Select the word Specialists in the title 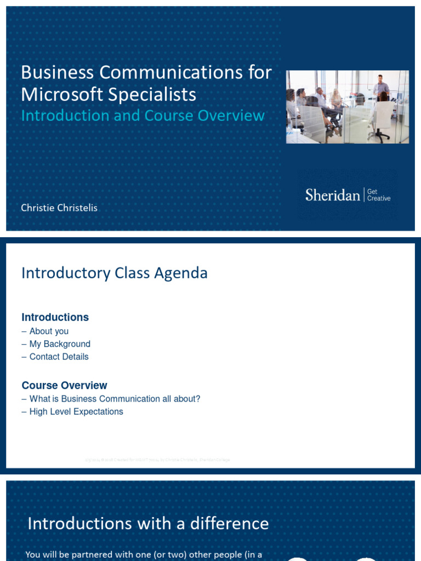152,94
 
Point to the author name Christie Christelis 59,208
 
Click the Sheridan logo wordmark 332,195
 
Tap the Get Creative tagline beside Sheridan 379,195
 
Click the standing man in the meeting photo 380,91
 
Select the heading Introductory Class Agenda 114,273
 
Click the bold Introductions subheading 55,317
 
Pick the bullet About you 49,331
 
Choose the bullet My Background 60,344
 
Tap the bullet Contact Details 59,357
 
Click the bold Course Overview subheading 64,385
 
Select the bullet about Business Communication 115,399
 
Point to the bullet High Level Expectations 76,411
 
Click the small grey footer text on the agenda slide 153,460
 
